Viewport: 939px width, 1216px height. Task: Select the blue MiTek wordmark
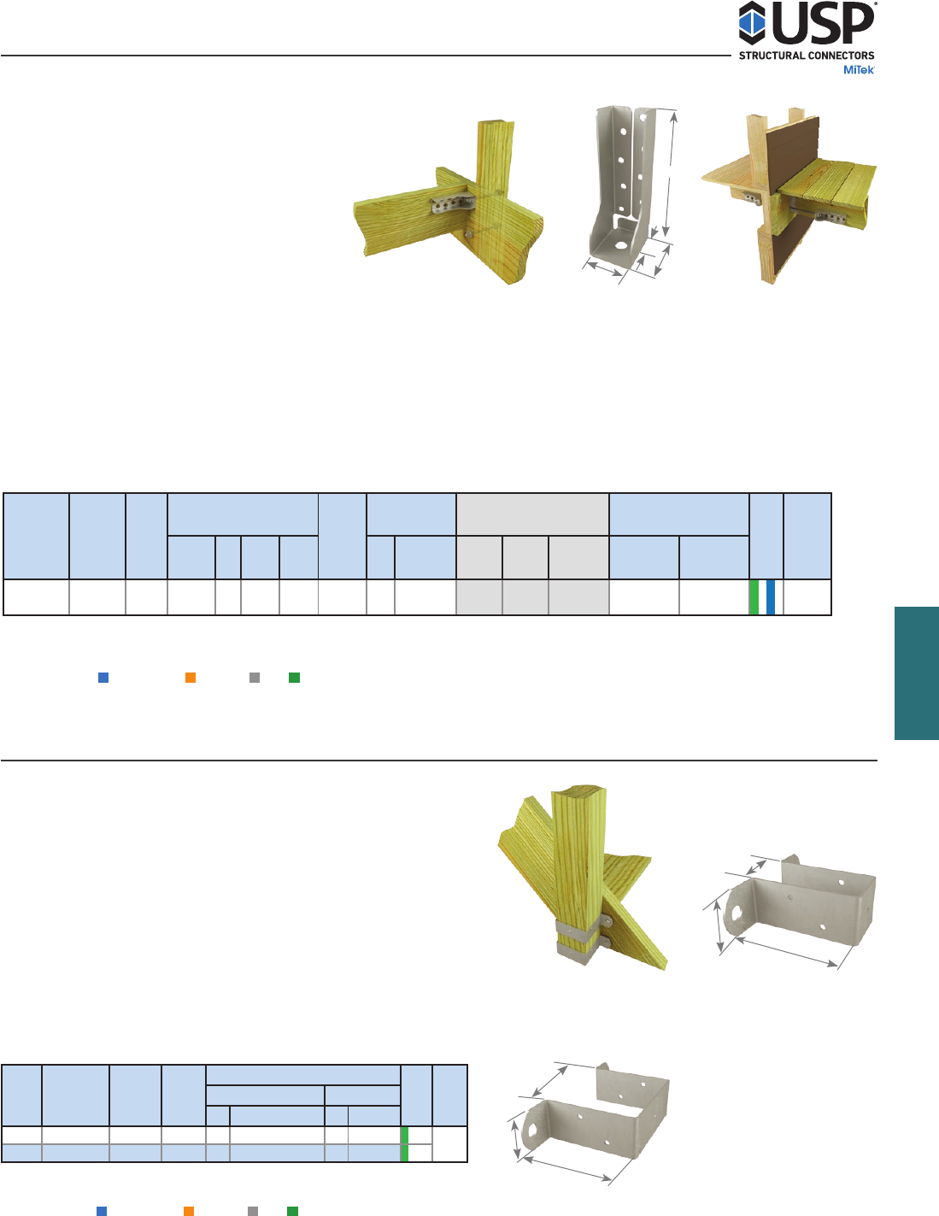[859, 70]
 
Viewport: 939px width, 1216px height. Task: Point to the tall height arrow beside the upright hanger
[670, 173]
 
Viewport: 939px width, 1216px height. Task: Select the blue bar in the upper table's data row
[770, 597]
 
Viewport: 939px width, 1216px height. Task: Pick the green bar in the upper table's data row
[754, 597]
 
